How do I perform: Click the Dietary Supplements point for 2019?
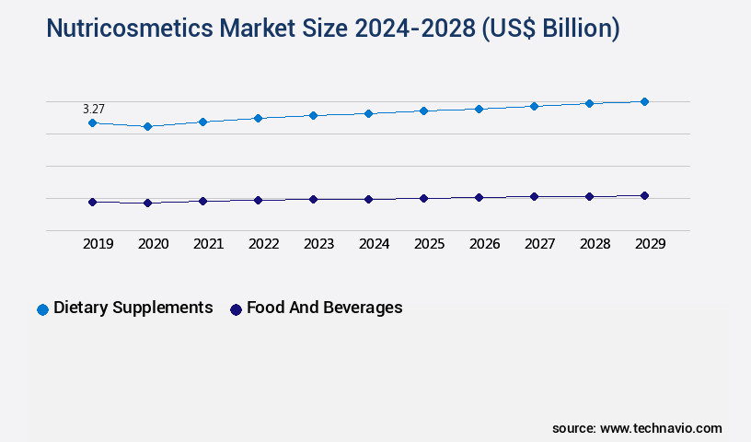pos(92,122)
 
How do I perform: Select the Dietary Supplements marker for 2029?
pos(644,101)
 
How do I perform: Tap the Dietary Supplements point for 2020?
pos(147,126)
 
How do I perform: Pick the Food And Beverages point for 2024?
pos(368,199)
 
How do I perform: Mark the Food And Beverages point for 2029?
pos(644,195)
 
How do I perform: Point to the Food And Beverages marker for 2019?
pos(92,202)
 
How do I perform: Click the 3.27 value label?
pos(94,109)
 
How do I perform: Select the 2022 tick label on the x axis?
pos(263,244)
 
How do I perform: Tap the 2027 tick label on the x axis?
pos(539,244)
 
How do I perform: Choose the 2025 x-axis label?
pos(429,244)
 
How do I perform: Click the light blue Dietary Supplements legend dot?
pos(42,309)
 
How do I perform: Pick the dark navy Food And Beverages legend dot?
pos(236,309)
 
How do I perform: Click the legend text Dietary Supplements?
pos(133,308)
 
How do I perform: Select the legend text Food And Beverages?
pos(325,308)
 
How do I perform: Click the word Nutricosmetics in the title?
pos(130,29)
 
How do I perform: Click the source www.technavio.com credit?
pos(637,428)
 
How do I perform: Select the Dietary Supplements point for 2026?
pos(479,109)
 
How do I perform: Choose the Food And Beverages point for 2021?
pos(202,201)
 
